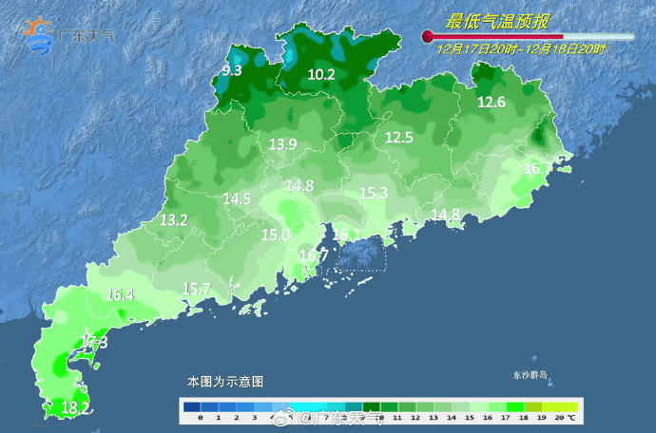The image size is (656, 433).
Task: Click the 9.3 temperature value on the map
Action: (x=232, y=70)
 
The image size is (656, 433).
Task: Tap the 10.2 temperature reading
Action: (x=321, y=74)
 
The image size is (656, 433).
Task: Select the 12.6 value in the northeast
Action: (x=492, y=103)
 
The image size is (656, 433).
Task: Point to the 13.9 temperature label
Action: (x=283, y=144)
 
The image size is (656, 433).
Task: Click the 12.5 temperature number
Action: (x=398, y=138)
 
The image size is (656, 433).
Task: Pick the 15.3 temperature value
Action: (x=374, y=193)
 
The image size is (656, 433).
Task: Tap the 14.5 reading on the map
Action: (x=237, y=199)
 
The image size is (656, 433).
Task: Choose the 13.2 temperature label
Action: (x=173, y=219)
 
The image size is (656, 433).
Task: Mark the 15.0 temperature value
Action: (x=276, y=235)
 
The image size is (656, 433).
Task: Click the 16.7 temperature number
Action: (x=314, y=255)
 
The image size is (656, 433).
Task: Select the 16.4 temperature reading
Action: (x=120, y=294)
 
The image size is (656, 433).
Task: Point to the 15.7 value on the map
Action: (x=196, y=289)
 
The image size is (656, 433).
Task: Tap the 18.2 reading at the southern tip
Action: (x=76, y=408)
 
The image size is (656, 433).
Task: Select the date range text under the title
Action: (x=522, y=46)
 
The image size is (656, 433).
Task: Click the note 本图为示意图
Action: (x=225, y=381)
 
